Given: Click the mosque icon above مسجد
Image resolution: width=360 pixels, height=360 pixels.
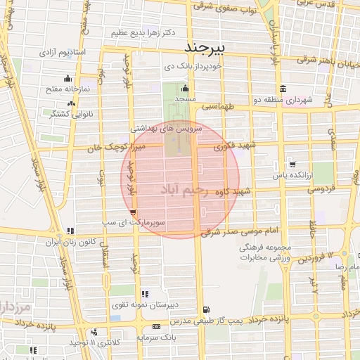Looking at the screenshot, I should click(x=185, y=89).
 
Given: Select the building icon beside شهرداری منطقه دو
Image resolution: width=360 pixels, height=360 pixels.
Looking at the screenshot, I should click(x=282, y=89).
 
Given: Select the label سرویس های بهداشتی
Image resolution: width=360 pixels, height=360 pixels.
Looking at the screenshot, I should click(x=167, y=130).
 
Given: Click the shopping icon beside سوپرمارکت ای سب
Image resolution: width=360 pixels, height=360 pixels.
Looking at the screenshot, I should click(x=134, y=212).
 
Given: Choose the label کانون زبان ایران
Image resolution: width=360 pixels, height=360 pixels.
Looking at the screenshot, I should click(x=69, y=241).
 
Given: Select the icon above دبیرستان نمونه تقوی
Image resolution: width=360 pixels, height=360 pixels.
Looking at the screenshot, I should click(x=145, y=294).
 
